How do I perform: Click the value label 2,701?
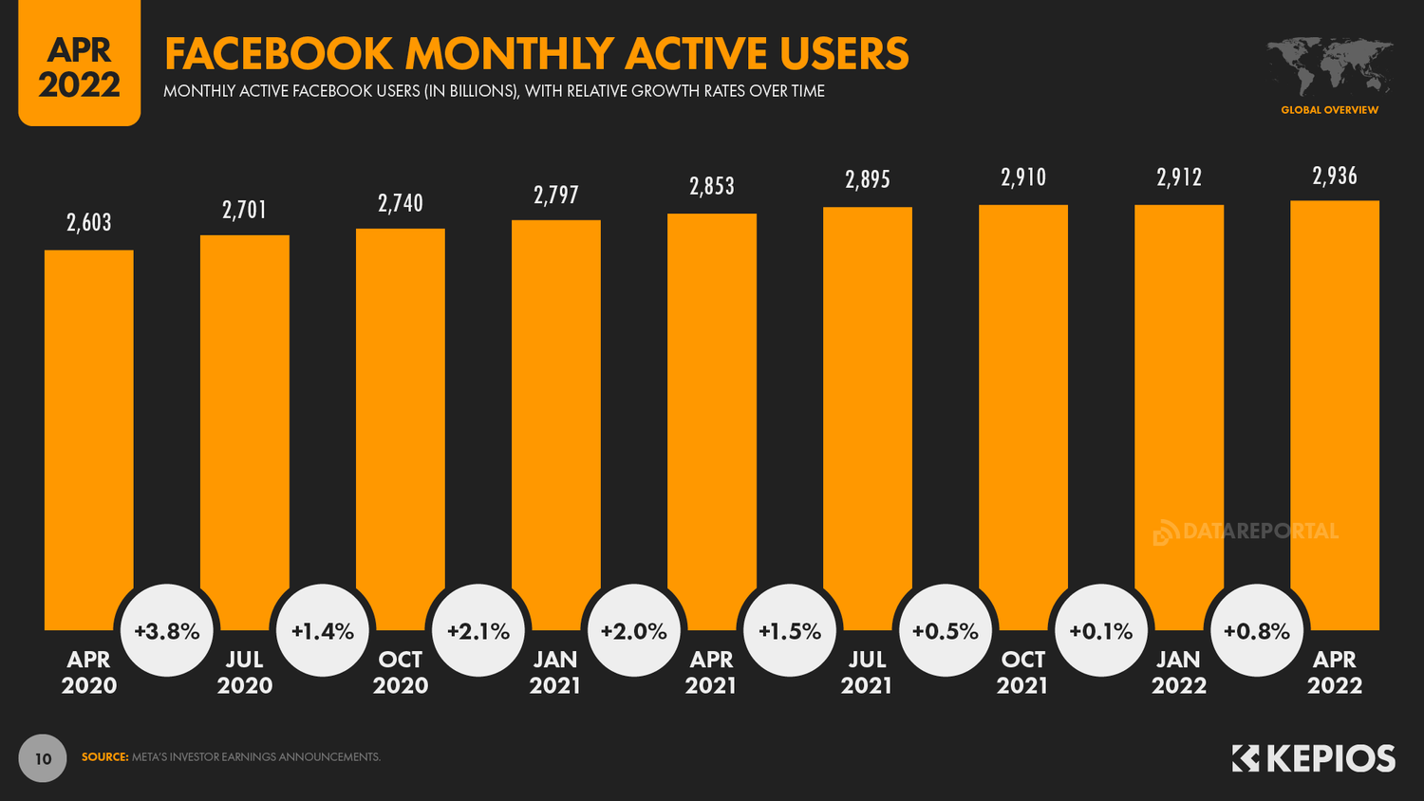244,210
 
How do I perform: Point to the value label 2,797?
555,196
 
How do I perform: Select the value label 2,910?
1022,177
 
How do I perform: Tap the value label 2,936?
1334,176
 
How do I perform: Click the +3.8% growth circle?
167,631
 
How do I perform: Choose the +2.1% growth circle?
478,631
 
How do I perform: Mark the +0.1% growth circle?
1101,631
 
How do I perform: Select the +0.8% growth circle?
1257,631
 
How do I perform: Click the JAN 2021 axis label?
555,672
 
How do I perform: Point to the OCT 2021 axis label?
1022,672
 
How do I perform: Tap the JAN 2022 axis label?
1178,672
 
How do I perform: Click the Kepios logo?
1314,758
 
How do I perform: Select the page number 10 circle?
43,758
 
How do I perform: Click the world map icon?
1329,66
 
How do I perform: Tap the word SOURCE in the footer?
104,757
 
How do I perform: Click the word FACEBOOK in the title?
278,54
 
